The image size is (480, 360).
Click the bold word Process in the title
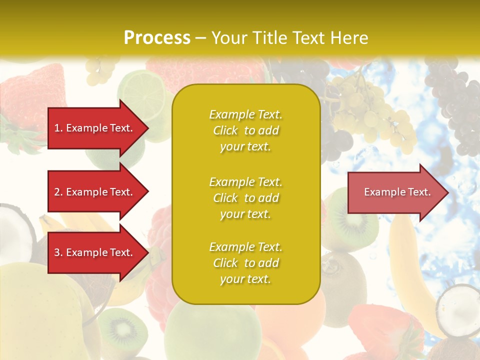click(157, 38)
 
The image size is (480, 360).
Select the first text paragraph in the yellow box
click(245, 130)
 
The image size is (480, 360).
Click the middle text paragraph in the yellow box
click(245, 198)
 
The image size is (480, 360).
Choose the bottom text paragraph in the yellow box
click(245, 263)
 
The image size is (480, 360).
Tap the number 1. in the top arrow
click(58, 128)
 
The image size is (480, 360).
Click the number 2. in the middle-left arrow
click(58, 192)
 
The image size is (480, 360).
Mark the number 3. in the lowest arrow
click(58, 252)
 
